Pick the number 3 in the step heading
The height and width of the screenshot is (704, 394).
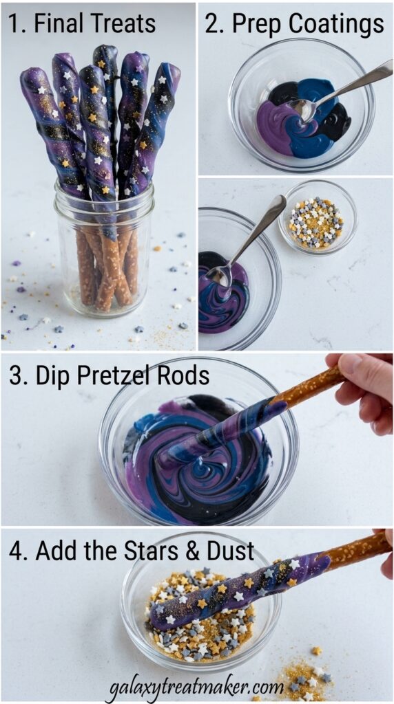pos(16,376)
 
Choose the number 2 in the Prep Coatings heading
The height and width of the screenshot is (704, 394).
pos(211,24)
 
